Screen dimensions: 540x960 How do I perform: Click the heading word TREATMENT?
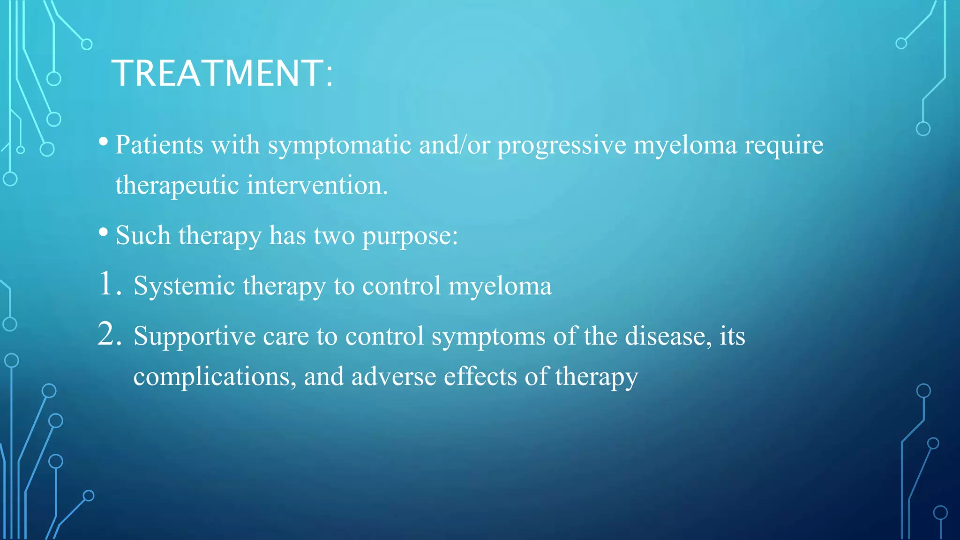point(218,74)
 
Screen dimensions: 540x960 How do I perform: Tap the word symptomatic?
point(339,145)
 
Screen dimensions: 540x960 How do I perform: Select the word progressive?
point(562,145)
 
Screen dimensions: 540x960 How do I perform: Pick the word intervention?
point(317,185)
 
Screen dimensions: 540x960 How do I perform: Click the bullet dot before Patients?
point(104,141)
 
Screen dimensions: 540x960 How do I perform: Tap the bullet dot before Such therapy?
point(104,232)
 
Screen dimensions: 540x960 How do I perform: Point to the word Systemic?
point(184,286)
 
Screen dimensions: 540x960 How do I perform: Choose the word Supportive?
point(195,337)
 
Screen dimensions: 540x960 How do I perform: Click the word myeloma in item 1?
point(500,286)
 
